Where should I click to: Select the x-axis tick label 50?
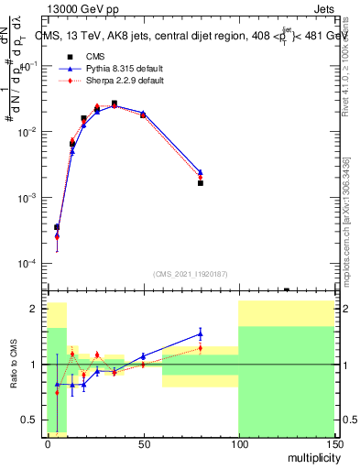(x=143, y=442)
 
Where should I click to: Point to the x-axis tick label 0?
(x=48, y=442)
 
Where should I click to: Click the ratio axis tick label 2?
(x=33, y=309)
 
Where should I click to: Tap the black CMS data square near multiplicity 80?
(x=200, y=183)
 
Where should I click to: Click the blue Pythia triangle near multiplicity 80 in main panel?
(x=200, y=171)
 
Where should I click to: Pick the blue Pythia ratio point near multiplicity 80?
(x=200, y=333)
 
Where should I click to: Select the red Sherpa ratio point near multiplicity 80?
(x=200, y=348)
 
